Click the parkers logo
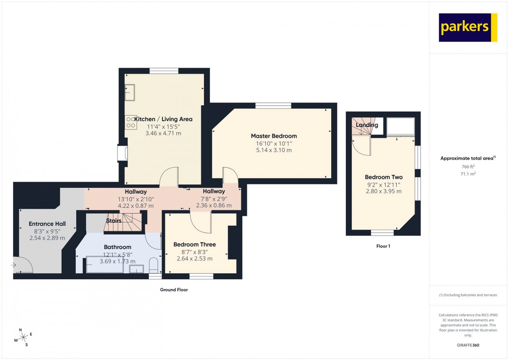click(468, 28)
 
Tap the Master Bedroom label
click(274, 136)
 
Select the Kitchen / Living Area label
click(163, 119)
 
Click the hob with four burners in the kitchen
click(131, 122)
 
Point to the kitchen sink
click(130, 92)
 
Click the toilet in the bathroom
click(154, 265)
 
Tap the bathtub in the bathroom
click(105, 265)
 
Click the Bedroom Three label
click(194, 245)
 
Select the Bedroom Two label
click(383, 177)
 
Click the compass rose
click(23, 337)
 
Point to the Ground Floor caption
click(174, 290)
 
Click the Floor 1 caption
click(383, 246)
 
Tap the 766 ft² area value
click(468, 166)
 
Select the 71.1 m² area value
click(468, 174)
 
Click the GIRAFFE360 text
click(468, 345)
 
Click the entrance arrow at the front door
click(13, 265)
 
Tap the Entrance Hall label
click(47, 224)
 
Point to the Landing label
click(367, 125)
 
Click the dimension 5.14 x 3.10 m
click(274, 150)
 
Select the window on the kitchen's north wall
click(164, 71)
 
